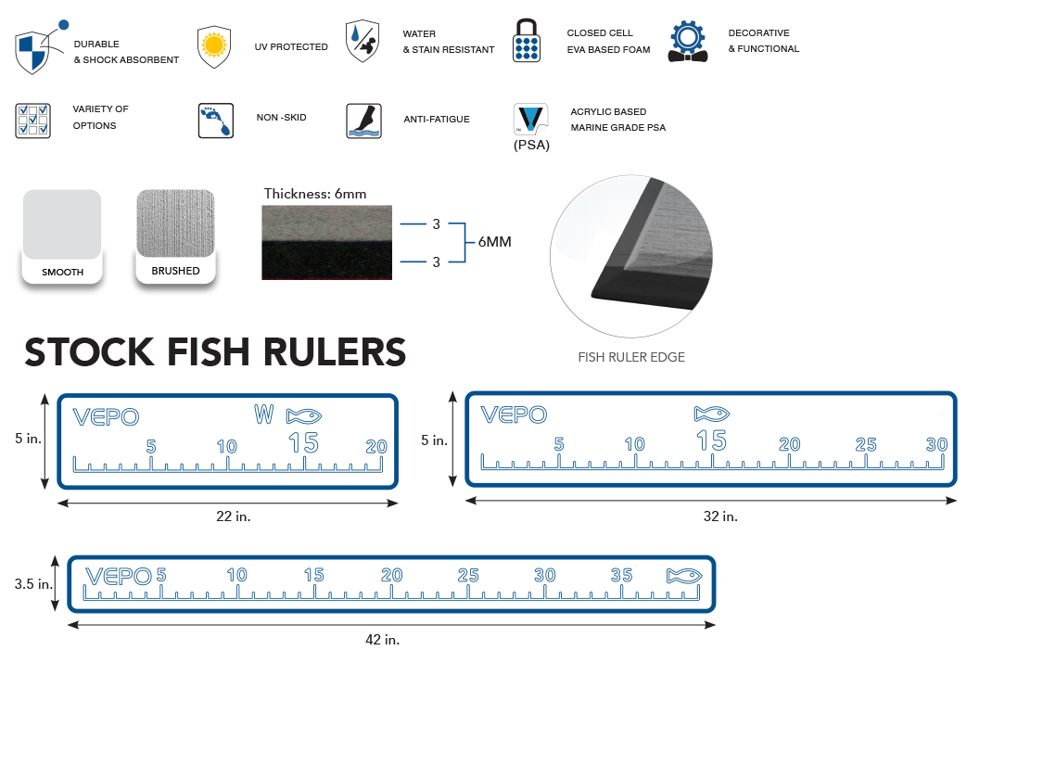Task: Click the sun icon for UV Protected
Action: (x=214, y=45)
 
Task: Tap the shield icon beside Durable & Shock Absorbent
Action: (x=33, y=51)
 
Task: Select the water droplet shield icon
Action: (x=363, y=42)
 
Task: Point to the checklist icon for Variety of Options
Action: (x=32, y=121)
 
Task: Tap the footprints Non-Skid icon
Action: (x=215, y=121)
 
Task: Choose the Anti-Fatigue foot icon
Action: (x=363, y=121)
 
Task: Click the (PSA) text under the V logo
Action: (x=531, y=144)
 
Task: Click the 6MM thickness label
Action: (x=494, y=242)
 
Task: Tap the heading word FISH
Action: (x=223, y=353)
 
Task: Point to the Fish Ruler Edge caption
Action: (x=631, y=357)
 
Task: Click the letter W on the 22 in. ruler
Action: (x=264, y=414)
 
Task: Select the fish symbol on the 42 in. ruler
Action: (x=684, y=576)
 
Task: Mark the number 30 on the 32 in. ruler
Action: (x=936, y=444)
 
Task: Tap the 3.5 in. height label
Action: (x=33, y=585)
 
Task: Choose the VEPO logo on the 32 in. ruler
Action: (x=514, y=415)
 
